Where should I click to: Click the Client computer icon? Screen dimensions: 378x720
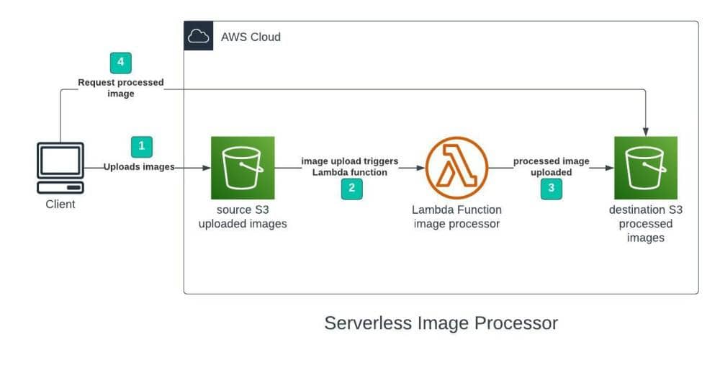point(60,167)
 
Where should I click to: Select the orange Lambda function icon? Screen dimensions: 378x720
point(456,168)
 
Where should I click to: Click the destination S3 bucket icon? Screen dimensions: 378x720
point(645,168)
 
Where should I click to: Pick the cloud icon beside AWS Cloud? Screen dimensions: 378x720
point(198,36)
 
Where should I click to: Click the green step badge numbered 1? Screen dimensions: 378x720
point(141,146)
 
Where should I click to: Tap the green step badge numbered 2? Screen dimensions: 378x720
point(351,189)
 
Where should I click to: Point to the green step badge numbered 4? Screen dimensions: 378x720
point(120,63)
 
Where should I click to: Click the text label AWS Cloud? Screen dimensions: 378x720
point(251,37)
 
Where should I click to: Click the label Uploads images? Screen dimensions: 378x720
point(139,167)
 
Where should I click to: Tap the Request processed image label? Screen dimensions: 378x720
point(120,88)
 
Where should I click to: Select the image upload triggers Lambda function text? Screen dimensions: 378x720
point(350,166)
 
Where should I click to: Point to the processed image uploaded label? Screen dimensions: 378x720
point(551,166)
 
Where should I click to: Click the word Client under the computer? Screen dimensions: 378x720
point(60,204)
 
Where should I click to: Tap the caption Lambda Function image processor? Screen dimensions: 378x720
point(456,217)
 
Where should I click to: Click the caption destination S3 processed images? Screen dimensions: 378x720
point(645,223)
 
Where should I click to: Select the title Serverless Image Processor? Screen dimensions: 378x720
point(441,323)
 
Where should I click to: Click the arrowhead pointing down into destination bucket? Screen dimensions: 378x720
point(646,130)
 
